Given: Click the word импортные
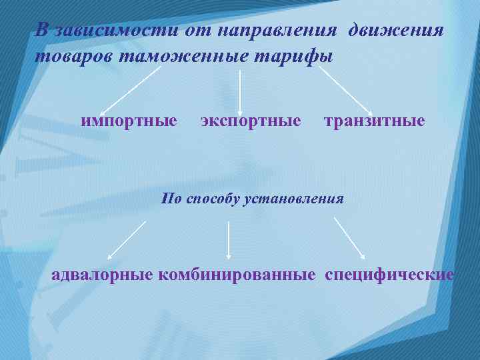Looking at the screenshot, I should (x=129, y=121).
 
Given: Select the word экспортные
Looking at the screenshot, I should (x=251, y=121).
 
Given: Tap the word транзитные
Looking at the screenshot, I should (x=374, y=121).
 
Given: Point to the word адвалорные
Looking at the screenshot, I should (x=103, y=275).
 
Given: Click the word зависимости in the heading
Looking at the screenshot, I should (x=117, y=31).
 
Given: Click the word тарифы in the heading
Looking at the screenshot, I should (x=299, y=56).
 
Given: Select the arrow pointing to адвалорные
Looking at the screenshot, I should (x=127, y=239).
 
